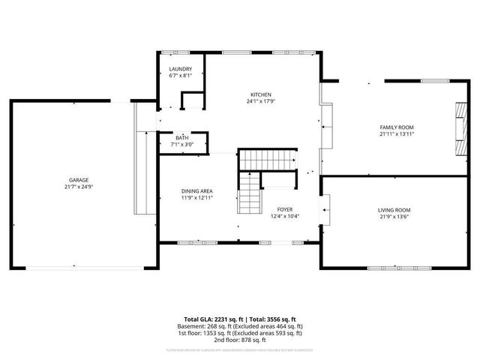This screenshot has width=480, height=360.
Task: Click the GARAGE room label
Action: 79,180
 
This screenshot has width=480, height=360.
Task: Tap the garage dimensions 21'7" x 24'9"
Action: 79,187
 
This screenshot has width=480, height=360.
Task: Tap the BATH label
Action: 182,138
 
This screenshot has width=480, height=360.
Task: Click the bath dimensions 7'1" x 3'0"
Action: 182,145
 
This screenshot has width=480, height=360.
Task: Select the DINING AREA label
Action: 197,190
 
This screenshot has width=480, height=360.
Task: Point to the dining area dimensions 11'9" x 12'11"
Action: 197,197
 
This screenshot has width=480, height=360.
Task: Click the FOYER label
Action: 285,209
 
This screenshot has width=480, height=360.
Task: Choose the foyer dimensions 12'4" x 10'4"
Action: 285,216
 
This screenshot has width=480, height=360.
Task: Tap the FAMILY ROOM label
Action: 397,128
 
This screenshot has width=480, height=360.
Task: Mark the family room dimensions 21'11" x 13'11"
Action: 397,135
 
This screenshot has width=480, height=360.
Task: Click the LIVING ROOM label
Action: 394,210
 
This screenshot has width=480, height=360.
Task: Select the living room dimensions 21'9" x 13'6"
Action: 394,217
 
